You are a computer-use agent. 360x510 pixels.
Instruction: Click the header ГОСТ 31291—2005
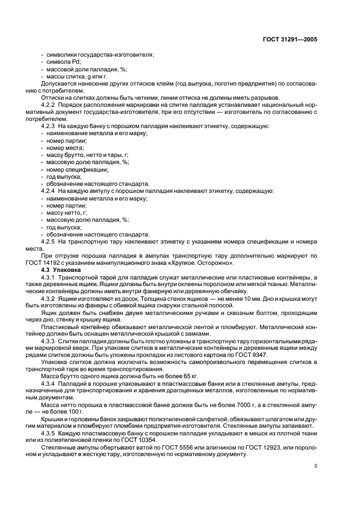(290, 39)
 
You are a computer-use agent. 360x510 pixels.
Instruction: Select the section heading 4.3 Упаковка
(61, 270)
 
